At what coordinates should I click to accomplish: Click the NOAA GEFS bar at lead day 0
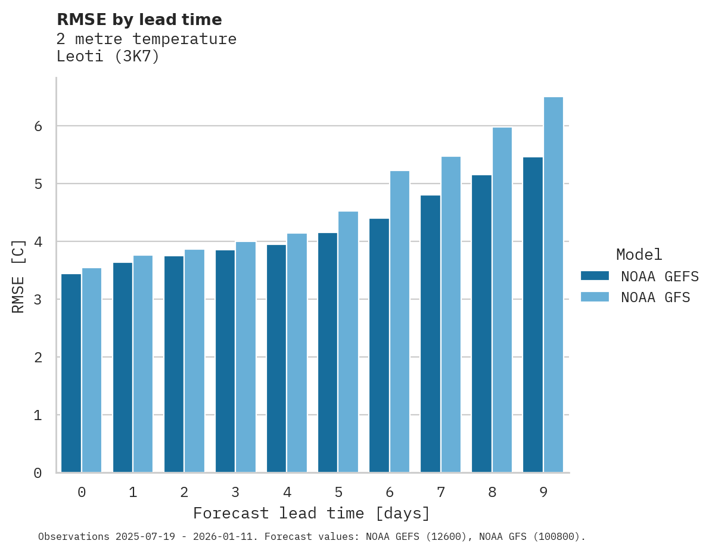pyautogui.click(x=71, y=373)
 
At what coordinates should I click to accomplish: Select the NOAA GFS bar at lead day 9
pyautogui.click(x=554, y=285)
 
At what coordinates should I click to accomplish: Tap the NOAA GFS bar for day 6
pyautogui.click(x=400, y=322)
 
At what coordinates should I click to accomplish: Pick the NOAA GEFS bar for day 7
pyautogui.click(x=430, y=334)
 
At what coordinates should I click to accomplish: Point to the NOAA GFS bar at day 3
pyautogui.click(x=246, y=357)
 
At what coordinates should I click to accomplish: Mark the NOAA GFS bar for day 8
pyautogui.click(x=502, y=300)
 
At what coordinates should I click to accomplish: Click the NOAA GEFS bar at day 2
pyautogui.click(x=174, y=364)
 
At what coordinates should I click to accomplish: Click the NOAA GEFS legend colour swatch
pyautogui.click(x=595, y=276)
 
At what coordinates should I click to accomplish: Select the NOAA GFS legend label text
pyautogui.click(x=655, y=297)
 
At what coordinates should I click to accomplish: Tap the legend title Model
pyautogui.click(x=639, y=254)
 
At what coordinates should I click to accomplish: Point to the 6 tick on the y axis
pyautogui.click(x=38, y=126)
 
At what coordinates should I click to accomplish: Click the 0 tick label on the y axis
pyautogui.click(x=38, y=473)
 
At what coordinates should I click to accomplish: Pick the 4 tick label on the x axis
pyautogui.click(x=287, y=492)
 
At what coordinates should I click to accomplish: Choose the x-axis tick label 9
pyautogui.click(x=543, y=492)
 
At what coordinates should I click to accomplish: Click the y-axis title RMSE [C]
pyautogui.click(x=18, y=276)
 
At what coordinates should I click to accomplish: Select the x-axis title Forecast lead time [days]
pyautogui.click(x=311, y=513)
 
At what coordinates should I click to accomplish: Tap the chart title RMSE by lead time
pyautogui.click(x=139, y=20)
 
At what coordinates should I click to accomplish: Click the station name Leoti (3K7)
pyautogui.click(x=108, y=57)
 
